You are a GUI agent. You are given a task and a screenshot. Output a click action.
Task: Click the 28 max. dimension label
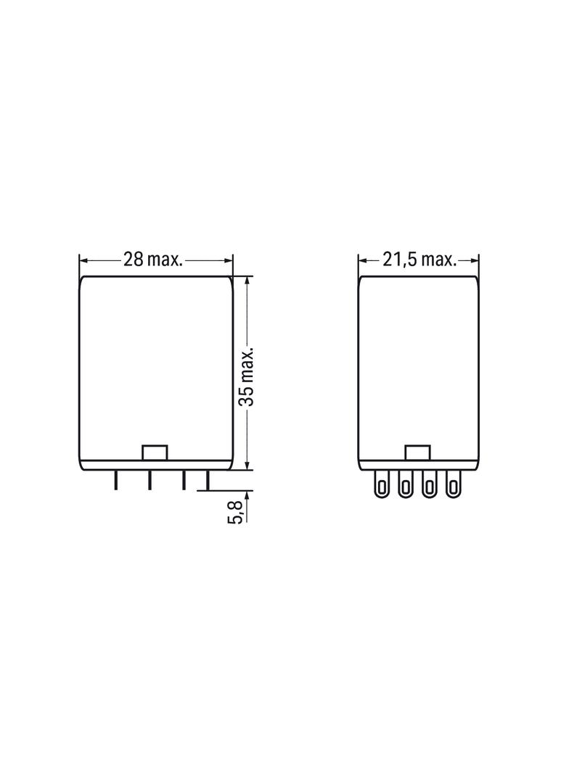[153, 259]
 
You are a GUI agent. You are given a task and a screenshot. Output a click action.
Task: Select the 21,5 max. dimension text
[419, 259]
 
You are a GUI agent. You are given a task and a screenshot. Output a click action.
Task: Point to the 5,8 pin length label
[237, 512]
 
